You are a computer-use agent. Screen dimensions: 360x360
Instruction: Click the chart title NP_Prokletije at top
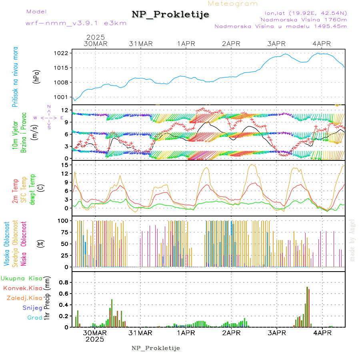[170, 15]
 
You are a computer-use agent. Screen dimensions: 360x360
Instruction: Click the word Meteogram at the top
[233, 4]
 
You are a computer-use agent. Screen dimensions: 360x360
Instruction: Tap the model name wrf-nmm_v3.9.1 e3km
[76, 23]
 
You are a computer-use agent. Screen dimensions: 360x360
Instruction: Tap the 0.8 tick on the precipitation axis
[63, 282]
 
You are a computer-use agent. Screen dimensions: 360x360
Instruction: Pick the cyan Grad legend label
[34, 318]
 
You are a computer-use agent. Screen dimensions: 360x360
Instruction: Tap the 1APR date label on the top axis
[186, 43]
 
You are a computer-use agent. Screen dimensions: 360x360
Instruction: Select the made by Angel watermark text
[352, 240]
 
